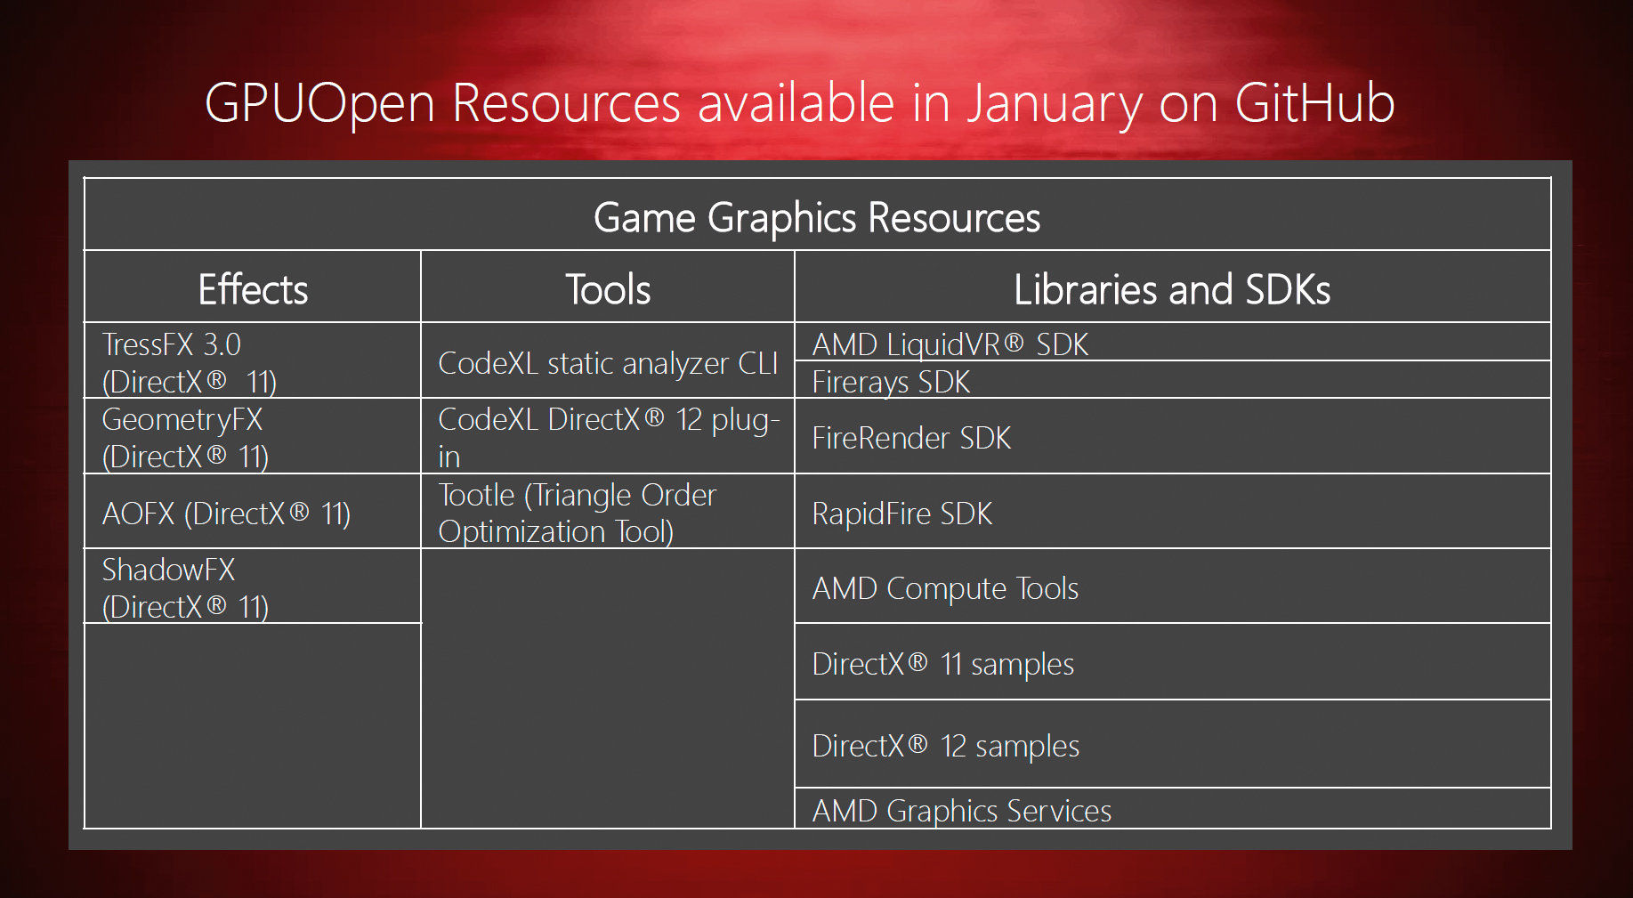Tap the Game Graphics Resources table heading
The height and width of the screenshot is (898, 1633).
pos(817,218)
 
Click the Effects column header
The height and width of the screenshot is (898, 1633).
pos(253,290)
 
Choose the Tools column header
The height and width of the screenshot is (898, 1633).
pos(608,290)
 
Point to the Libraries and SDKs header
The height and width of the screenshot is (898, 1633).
pos(1172,290)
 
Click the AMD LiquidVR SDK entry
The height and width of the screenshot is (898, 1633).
pos(950,344)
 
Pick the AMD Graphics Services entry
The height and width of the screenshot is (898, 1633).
pos(961,811)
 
